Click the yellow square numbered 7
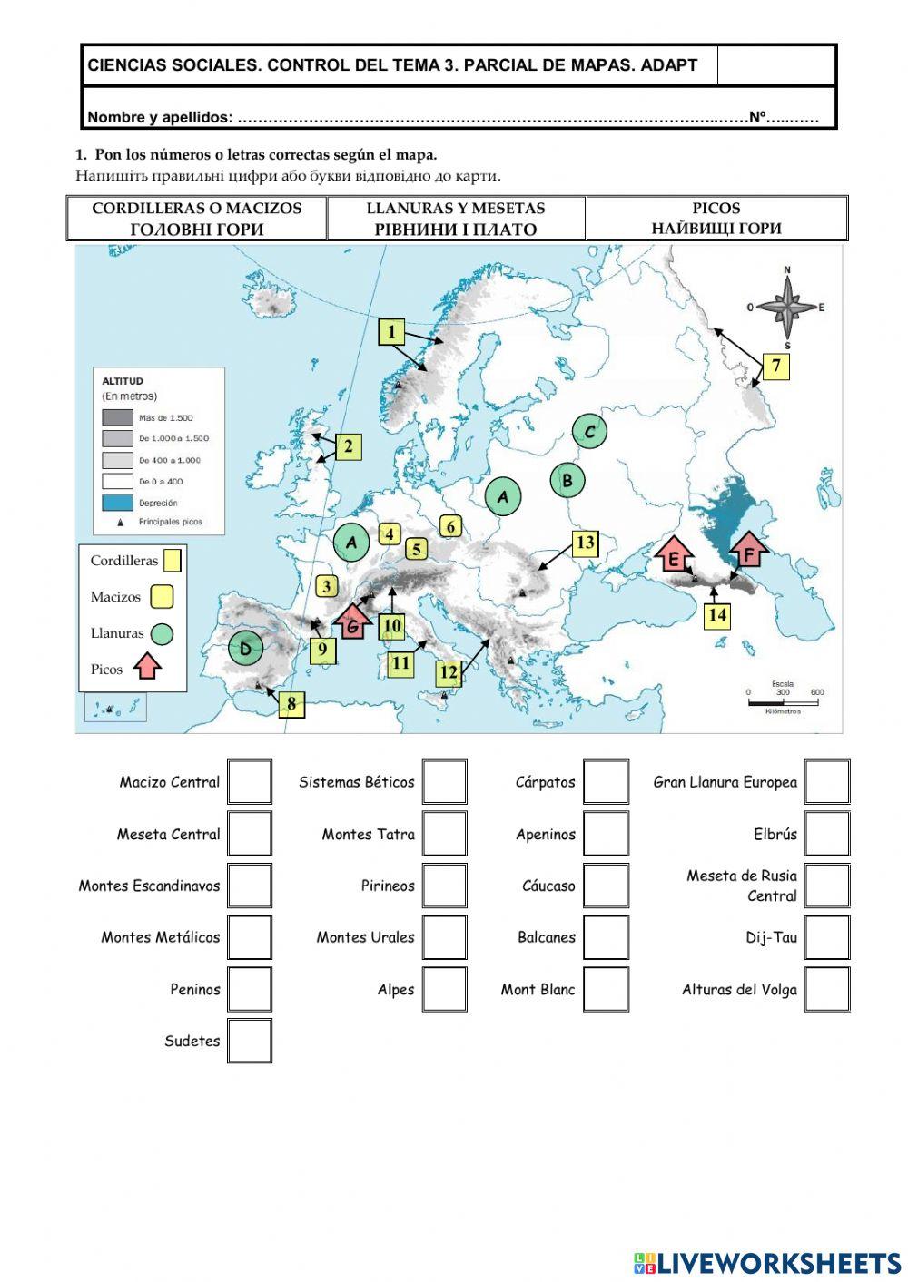[x=775, y=367]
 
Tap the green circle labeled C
[x=589, y=432]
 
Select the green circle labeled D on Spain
[x=245, y=648]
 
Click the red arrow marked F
[x=749, y=552]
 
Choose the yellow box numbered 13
[x=585, y=543]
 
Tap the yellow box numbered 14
[x=717, y=615]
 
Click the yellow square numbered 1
[x=391, y=332]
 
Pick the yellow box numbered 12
[x=449, y=673]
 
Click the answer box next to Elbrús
[x=826, y=834]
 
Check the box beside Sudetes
[x=250, y=1041]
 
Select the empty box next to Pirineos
[x=444, y=886]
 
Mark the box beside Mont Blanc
[x=606, y=989]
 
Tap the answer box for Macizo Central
[x=250, y=782]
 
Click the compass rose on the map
[x=786, y=308]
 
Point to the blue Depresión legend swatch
[x=116, y=503]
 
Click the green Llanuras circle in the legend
[x=161, y=633]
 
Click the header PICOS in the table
[x=716, y=208]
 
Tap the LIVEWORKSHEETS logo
[x=767, y=1262]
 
